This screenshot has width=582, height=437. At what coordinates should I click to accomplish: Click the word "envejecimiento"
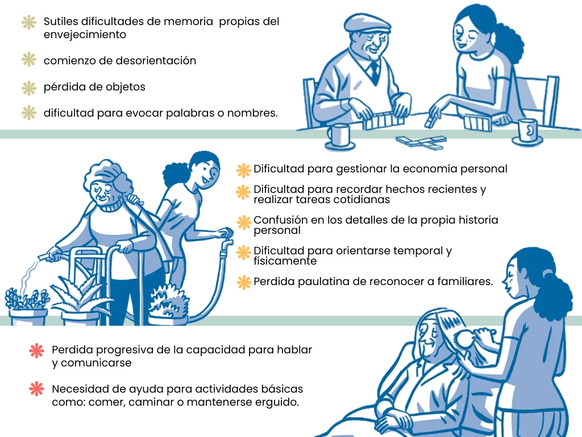tap(85, 34)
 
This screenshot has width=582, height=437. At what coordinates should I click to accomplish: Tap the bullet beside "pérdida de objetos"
tap(28, 88)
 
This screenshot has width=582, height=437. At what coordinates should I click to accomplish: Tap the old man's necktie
tap(374, 71)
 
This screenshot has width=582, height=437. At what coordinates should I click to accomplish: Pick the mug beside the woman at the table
tap(527, 131)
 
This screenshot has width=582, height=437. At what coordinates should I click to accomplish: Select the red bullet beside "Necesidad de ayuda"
tap(36, 389)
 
